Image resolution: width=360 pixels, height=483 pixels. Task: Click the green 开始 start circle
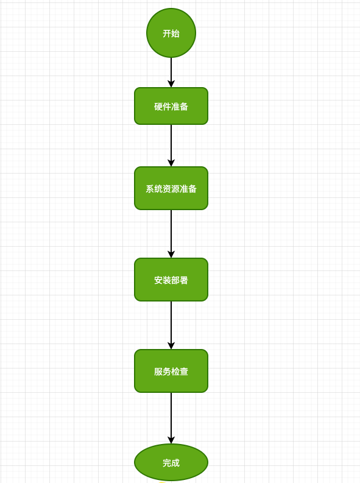[x=171, y=33]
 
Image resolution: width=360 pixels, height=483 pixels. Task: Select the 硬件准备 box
[x=171, y=106]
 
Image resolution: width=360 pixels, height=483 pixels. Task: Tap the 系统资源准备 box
[x=171, y=188]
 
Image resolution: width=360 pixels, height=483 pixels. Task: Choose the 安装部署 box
[x=171, y=280]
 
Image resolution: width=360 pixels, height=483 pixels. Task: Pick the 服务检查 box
[x=171, y=371]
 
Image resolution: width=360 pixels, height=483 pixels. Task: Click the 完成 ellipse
[x=171, y=462]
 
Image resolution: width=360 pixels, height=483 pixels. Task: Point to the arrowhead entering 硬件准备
[x=171, y=84]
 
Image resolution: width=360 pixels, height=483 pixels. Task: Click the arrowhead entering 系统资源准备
[x=171, y=163]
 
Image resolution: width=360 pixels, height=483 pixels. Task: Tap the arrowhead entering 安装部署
[x=171, y=255]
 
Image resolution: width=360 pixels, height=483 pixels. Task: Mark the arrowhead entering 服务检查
[x=171, y=345]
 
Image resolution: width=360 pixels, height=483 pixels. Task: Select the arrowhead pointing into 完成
[x=171, y=440]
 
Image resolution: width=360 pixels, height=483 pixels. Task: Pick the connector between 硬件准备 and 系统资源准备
[x=171, y=146]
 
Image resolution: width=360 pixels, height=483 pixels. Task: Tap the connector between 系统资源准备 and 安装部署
[x=171, y=234]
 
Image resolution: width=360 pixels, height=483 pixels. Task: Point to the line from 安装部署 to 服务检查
[x=171, y=325]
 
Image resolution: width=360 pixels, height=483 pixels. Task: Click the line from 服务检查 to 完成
[x=171, y=418]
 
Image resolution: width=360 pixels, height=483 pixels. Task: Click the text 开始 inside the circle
[x=171, y=33]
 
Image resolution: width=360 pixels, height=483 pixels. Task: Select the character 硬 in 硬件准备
[x=158, y=107]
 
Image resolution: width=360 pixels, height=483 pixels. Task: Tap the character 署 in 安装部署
[x=184, y=280]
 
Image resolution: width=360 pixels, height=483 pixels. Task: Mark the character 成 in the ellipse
[x=175, y=463]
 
